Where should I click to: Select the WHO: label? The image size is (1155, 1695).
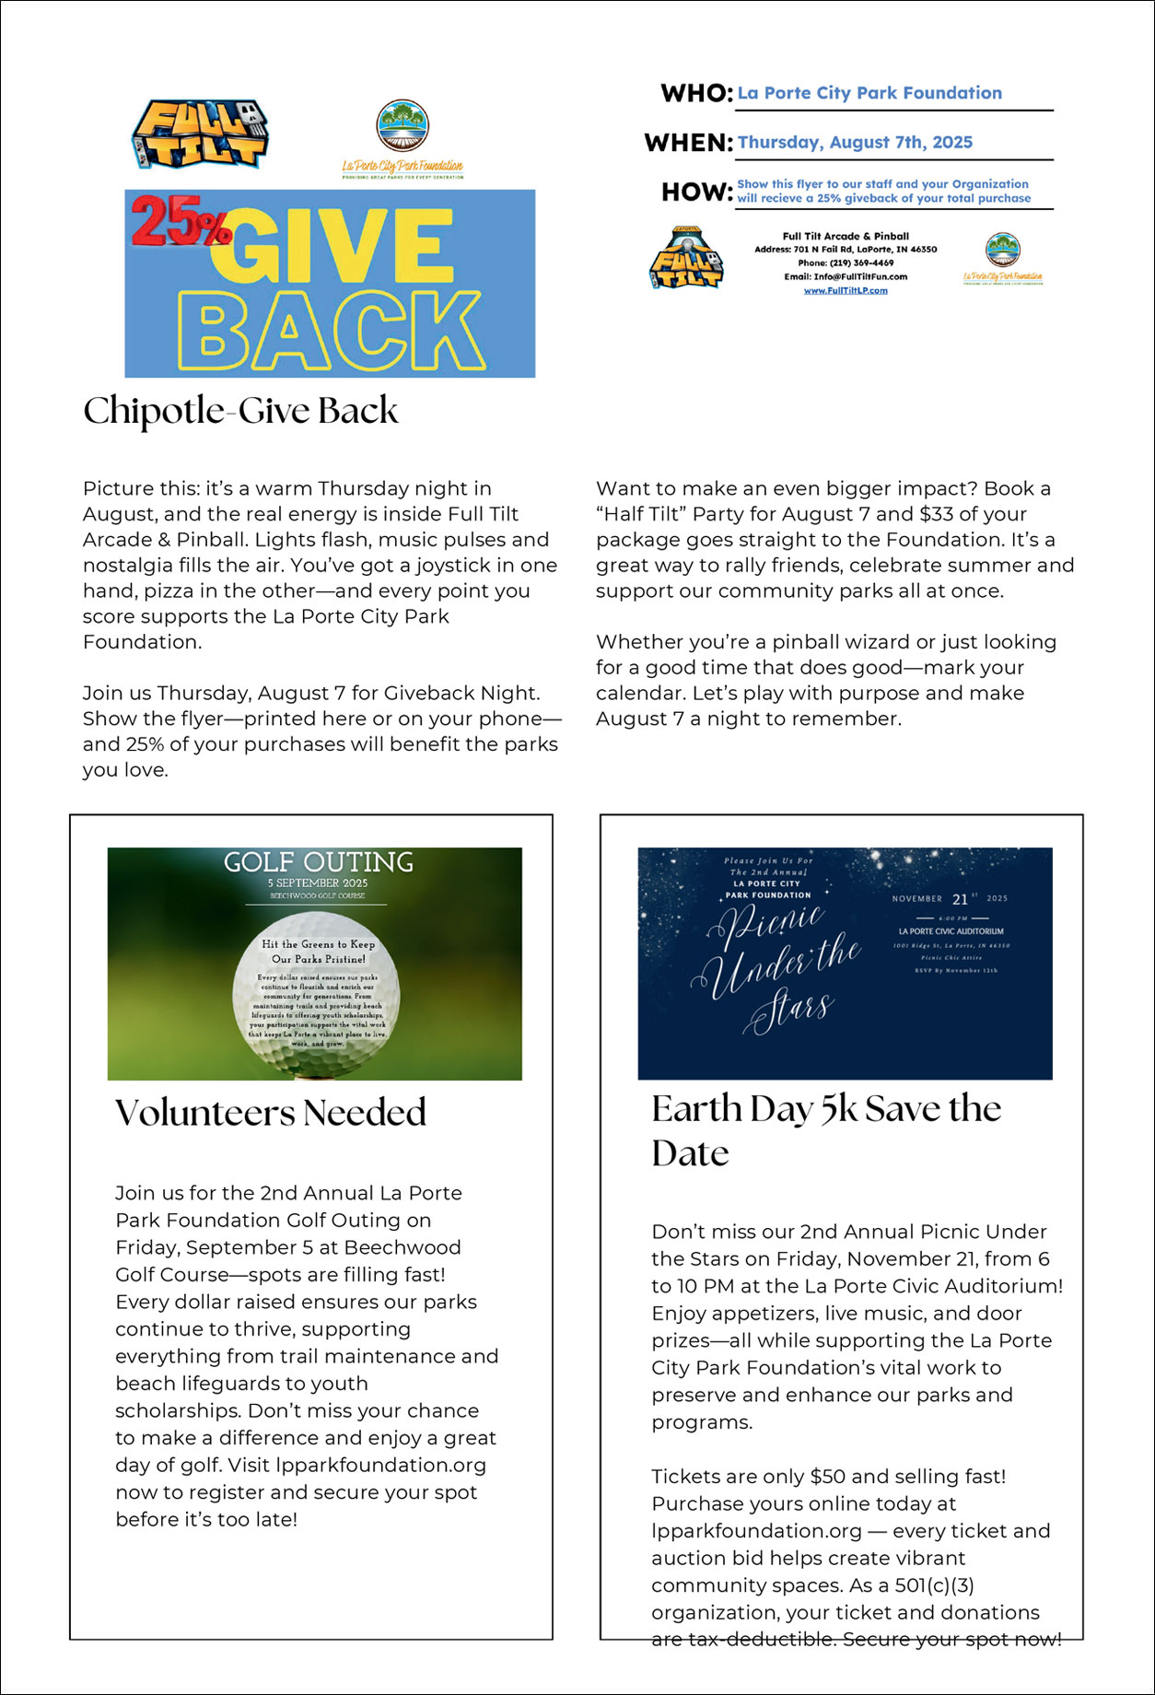696,93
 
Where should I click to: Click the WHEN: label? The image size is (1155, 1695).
688,143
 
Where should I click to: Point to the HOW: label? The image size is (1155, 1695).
696,192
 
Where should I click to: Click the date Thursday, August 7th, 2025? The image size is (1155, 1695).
855,142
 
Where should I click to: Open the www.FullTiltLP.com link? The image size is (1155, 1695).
846,290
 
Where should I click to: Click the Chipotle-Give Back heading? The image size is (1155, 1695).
240,411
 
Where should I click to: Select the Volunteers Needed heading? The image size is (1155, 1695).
270,1113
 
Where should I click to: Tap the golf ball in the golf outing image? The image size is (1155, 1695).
316,994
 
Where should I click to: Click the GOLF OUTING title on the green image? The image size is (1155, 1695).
318,862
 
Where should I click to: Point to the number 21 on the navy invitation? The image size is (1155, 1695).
960,899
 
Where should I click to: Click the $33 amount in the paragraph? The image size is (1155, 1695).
936,514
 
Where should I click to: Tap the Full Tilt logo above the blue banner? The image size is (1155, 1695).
200,134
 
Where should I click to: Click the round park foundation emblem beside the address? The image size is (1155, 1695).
1002,249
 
